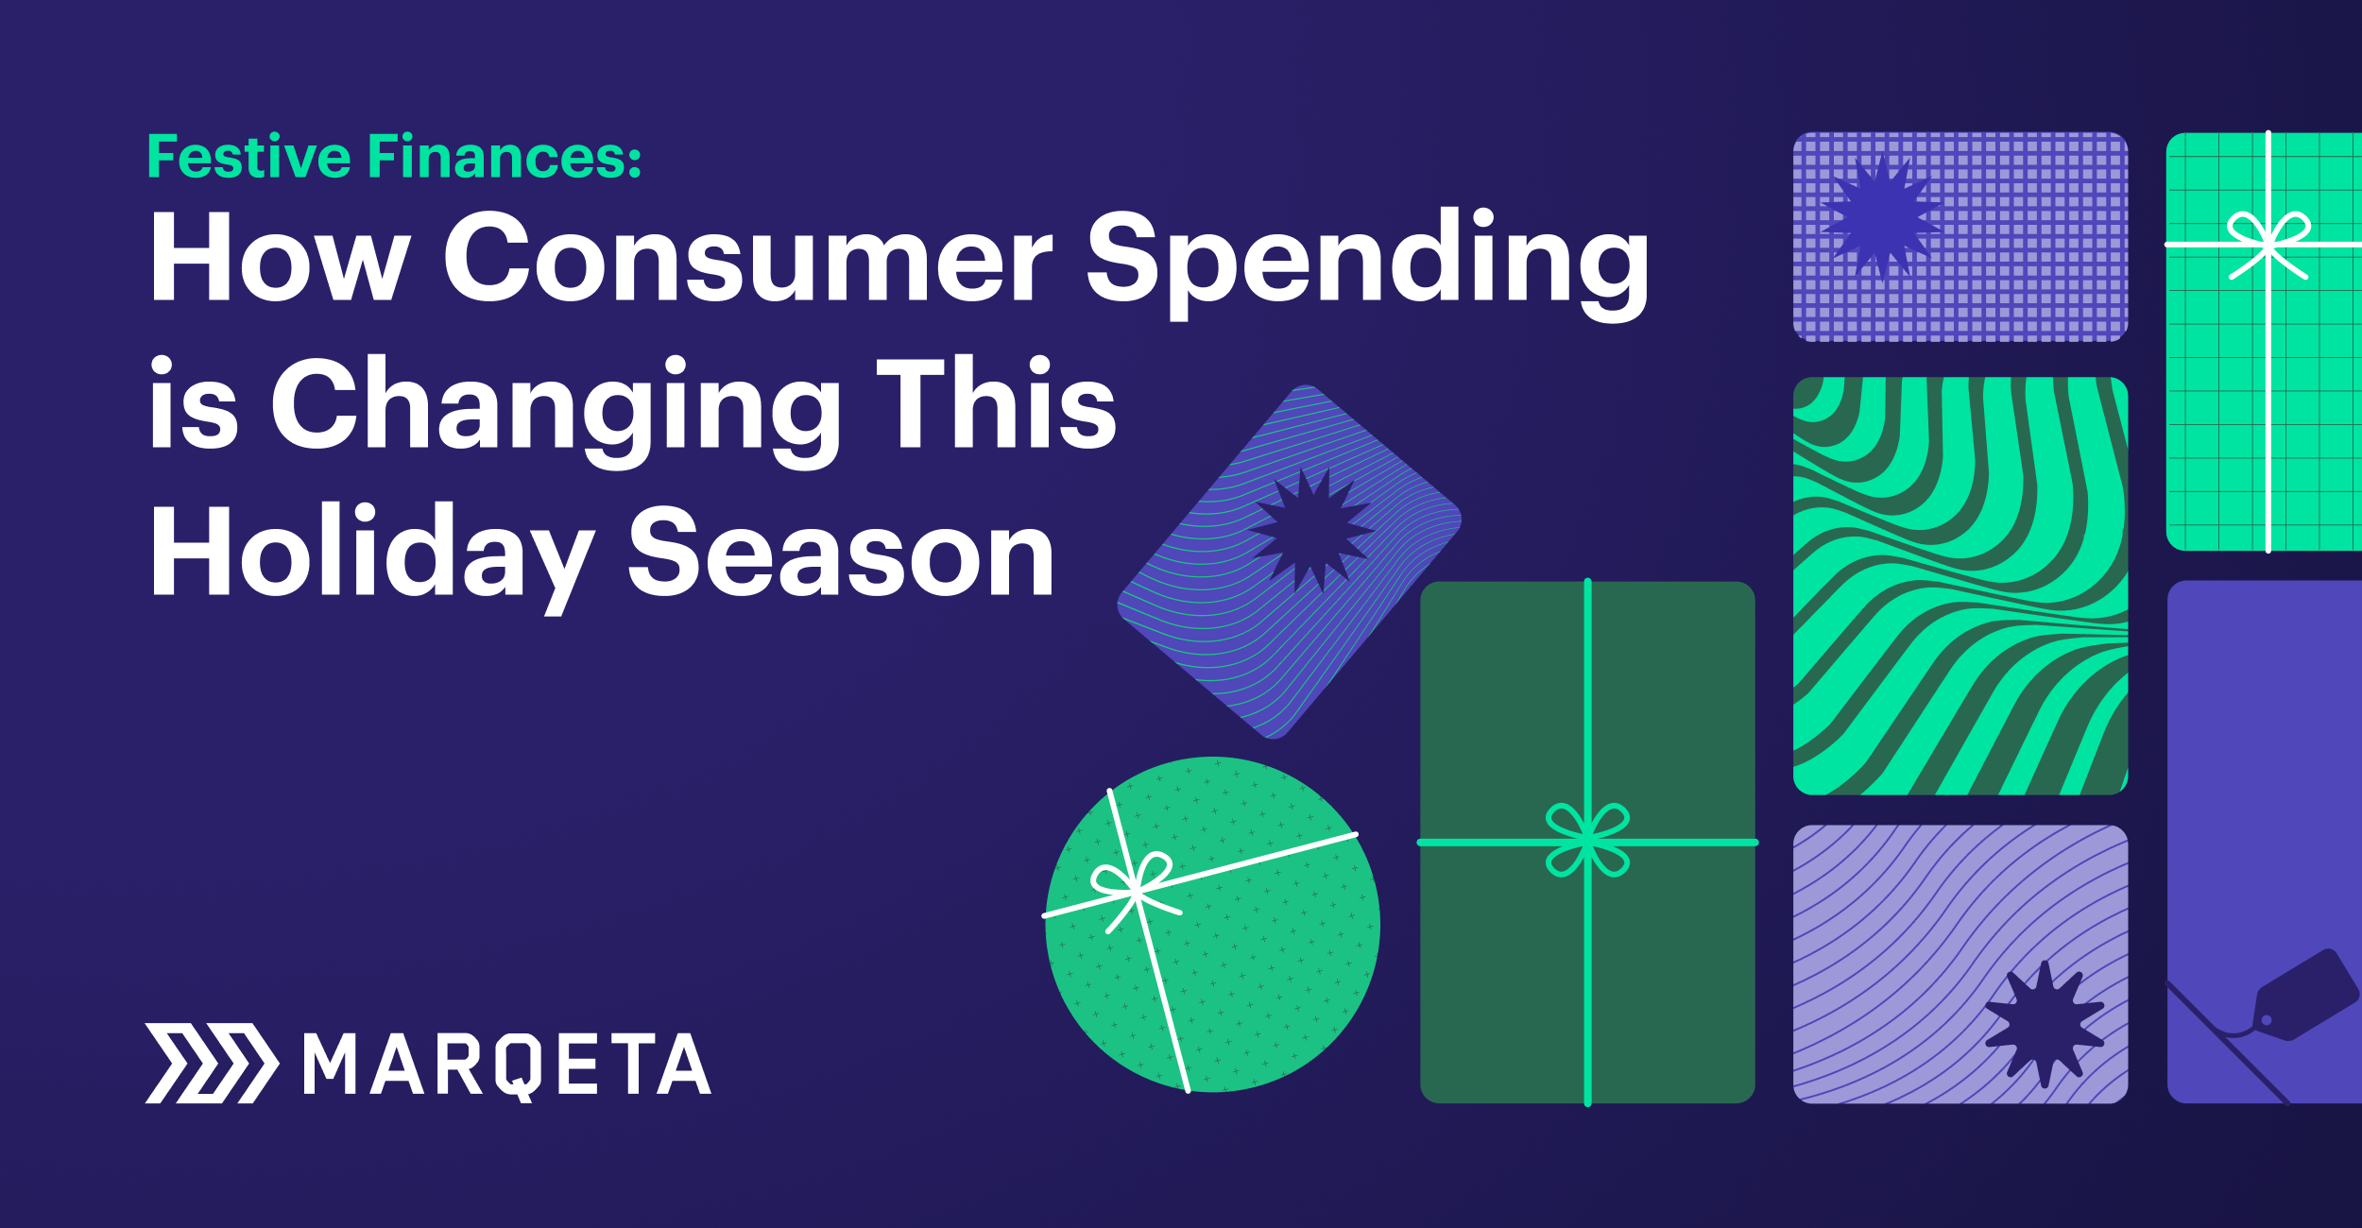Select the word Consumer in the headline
coord(747,256)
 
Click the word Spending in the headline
coord(1368,263)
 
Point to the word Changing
coord(556,411)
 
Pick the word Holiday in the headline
coord(372,556)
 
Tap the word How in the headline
coord(280,256)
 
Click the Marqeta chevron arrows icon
coord(212,1063)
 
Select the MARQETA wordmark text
coord(507,1066)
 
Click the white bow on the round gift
coord(1134,888)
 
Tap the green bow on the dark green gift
coord(1587,840)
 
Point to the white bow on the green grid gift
coord(2268,245)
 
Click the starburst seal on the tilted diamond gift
coord(1311,530)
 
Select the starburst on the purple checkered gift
coord(1881,218)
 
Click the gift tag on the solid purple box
coord(2305,997)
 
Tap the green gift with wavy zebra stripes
coord(1960,586)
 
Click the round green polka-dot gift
coord(1212,925)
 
